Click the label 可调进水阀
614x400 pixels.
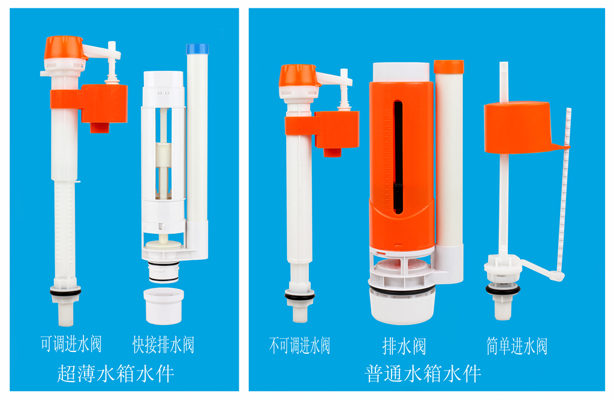coord(71,344)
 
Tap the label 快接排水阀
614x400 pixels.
coord(163,344)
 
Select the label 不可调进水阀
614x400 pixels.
coord(300,345)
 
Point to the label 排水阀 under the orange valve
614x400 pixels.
coord(404,347)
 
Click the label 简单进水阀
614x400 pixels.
coord(517,346)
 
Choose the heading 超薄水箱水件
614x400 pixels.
coord(116,374)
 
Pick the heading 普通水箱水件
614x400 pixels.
coord(423,374)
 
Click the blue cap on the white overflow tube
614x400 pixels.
coord(197,49)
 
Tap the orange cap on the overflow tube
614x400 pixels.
coord(449,67)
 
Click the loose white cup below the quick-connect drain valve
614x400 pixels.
coord(164,306)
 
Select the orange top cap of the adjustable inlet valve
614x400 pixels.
coord(64,47)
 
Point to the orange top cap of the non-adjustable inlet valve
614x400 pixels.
coord(297,75)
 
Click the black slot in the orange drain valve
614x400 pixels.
coord(398,157)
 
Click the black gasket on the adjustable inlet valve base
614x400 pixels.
coord(65,292)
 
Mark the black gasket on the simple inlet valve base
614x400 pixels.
coord(503,290)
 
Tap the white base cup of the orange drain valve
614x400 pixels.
coord(402,307)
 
